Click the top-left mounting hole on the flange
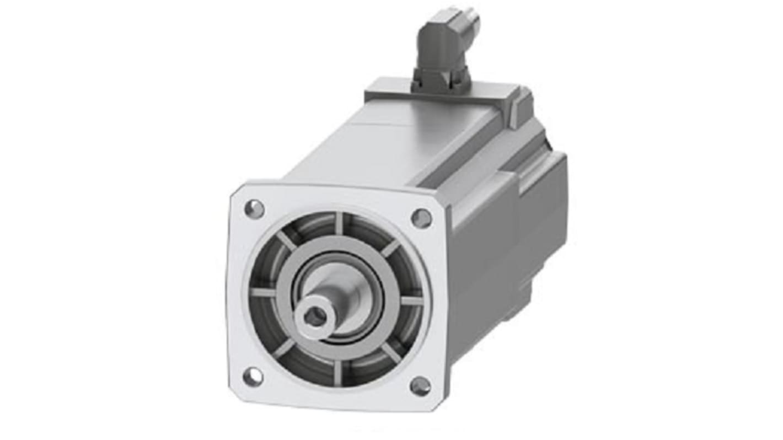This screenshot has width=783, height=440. (254, 210)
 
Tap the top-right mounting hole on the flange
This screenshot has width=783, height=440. (422, 218)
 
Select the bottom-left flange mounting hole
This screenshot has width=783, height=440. (253, 377)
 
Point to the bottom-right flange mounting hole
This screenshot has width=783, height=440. (420, 386)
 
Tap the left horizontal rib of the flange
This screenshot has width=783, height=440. (263, 292)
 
